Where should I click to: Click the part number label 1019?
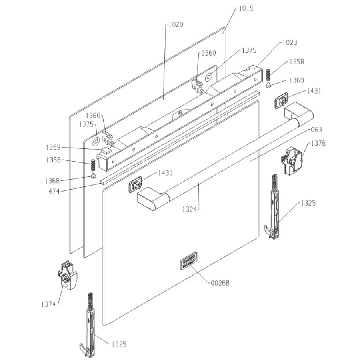coord(246,8)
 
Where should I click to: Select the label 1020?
coord(176,25)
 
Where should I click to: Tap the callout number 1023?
coord(290,43)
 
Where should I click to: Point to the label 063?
coord(316,130)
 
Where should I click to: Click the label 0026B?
coord(220,283)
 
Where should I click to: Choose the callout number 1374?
coord(49,304)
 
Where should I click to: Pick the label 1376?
coord(318,143)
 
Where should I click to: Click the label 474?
coord(54,191)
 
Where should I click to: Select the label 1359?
coord(53,148)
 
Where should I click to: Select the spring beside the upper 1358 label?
coord(268,75)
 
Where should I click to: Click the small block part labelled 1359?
coord(106,151)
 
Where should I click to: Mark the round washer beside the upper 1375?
coord(209,76)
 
